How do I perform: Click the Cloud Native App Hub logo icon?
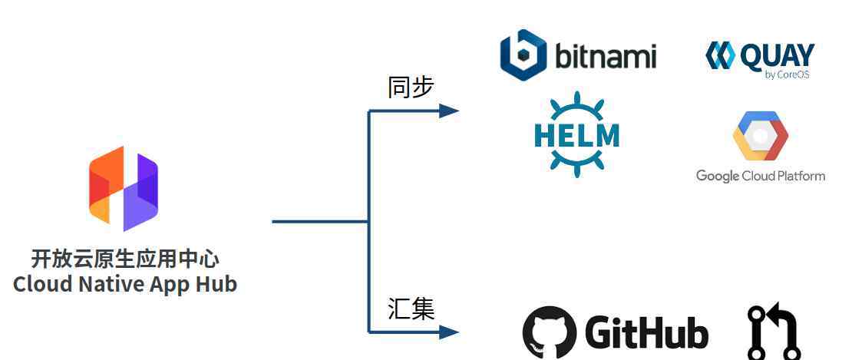click(x=124, y=188)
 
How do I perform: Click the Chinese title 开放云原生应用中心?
click(x=125, y=259)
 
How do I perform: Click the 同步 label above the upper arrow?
click(x=411, y=88)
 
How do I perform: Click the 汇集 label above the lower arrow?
click(x=411, y=309)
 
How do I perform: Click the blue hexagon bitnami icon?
click(x=523, y=54)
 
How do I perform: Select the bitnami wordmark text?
click(x=606, y=56)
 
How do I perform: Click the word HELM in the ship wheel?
click(x=576, y=135)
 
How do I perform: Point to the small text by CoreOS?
click(x=788, y=75)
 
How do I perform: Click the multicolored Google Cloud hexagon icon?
click(x=760, y=136)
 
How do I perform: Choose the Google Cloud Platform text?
click(x=761, y=176)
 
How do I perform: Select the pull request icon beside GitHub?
click(x=774, y=332)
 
